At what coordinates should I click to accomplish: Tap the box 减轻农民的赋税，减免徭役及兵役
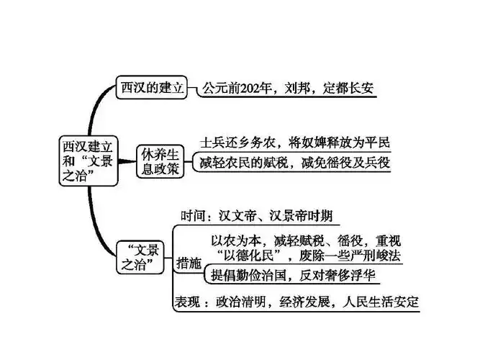point(295,163)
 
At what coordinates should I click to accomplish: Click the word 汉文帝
point(239,216)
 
